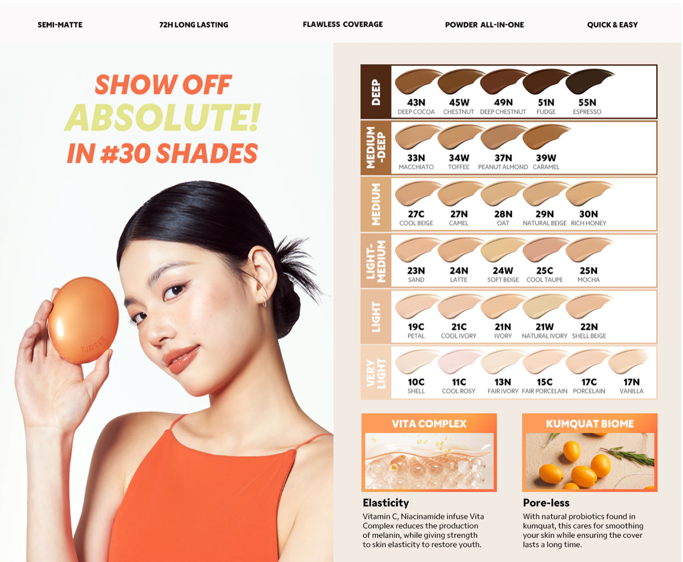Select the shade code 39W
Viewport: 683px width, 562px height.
(546, 158)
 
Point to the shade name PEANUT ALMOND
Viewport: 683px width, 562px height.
(503, 167)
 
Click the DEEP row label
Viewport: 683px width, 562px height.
(376, 92)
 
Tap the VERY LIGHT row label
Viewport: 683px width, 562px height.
(376, 373)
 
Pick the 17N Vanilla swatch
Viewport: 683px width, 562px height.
(628, 361)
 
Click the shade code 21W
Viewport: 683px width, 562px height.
(544, 327)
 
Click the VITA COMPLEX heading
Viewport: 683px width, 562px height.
(429, 424)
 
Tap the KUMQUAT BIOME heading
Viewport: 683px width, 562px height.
(590, 424)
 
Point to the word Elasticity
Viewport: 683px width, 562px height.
(385, 503)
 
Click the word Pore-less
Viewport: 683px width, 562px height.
(546, 503)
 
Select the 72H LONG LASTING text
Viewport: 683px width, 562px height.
(194, 25)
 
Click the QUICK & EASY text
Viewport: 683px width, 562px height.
(612, 25)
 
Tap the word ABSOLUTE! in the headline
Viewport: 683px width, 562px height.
(162, 117)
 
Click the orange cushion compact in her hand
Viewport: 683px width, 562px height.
(83, 320)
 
